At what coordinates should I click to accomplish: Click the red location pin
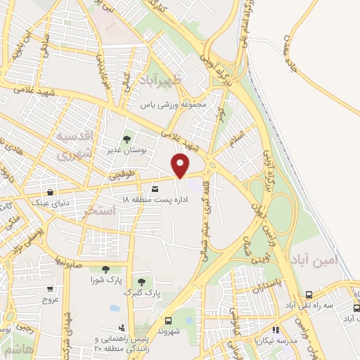point(181,165)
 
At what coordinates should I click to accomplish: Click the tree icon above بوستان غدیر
point(127,139)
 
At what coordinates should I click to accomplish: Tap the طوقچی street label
point(120,172)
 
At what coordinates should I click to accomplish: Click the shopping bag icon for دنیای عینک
point(50,192)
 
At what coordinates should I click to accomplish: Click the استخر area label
point(98,210)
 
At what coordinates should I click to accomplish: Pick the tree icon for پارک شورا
point(105,268)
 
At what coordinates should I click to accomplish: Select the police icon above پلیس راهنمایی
point(122,328)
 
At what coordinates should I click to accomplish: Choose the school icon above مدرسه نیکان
point(276,329)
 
